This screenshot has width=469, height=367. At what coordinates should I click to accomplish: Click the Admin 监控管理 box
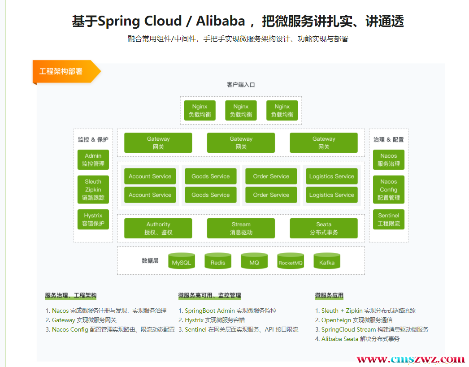93,160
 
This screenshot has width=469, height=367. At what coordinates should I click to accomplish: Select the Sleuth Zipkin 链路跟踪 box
93,190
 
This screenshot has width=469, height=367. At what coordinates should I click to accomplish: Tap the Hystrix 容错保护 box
93,220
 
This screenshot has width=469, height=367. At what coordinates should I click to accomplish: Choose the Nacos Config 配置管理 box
389,190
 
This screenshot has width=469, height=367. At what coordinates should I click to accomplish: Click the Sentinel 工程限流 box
389,220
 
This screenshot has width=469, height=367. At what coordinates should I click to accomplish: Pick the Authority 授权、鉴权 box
158,229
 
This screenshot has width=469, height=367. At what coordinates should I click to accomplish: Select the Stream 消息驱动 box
241,229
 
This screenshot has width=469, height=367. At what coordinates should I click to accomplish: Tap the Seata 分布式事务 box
324,229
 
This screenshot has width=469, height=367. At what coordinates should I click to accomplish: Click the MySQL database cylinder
182,261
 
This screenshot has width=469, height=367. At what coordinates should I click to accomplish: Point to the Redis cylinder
218,261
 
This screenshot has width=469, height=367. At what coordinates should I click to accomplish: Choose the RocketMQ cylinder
291,261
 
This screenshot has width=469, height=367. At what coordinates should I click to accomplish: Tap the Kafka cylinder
326,261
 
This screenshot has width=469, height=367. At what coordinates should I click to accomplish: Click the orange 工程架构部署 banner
66,72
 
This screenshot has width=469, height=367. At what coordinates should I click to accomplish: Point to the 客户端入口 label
241,85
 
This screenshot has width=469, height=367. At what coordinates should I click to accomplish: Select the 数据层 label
150,261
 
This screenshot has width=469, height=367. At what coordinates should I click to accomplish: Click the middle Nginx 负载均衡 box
241,111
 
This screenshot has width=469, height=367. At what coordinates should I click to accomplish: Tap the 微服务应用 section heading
329,296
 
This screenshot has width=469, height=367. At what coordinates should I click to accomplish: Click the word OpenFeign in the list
336,320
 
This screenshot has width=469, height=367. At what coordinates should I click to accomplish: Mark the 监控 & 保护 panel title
93,139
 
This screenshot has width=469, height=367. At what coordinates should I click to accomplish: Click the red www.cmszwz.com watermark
410,359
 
